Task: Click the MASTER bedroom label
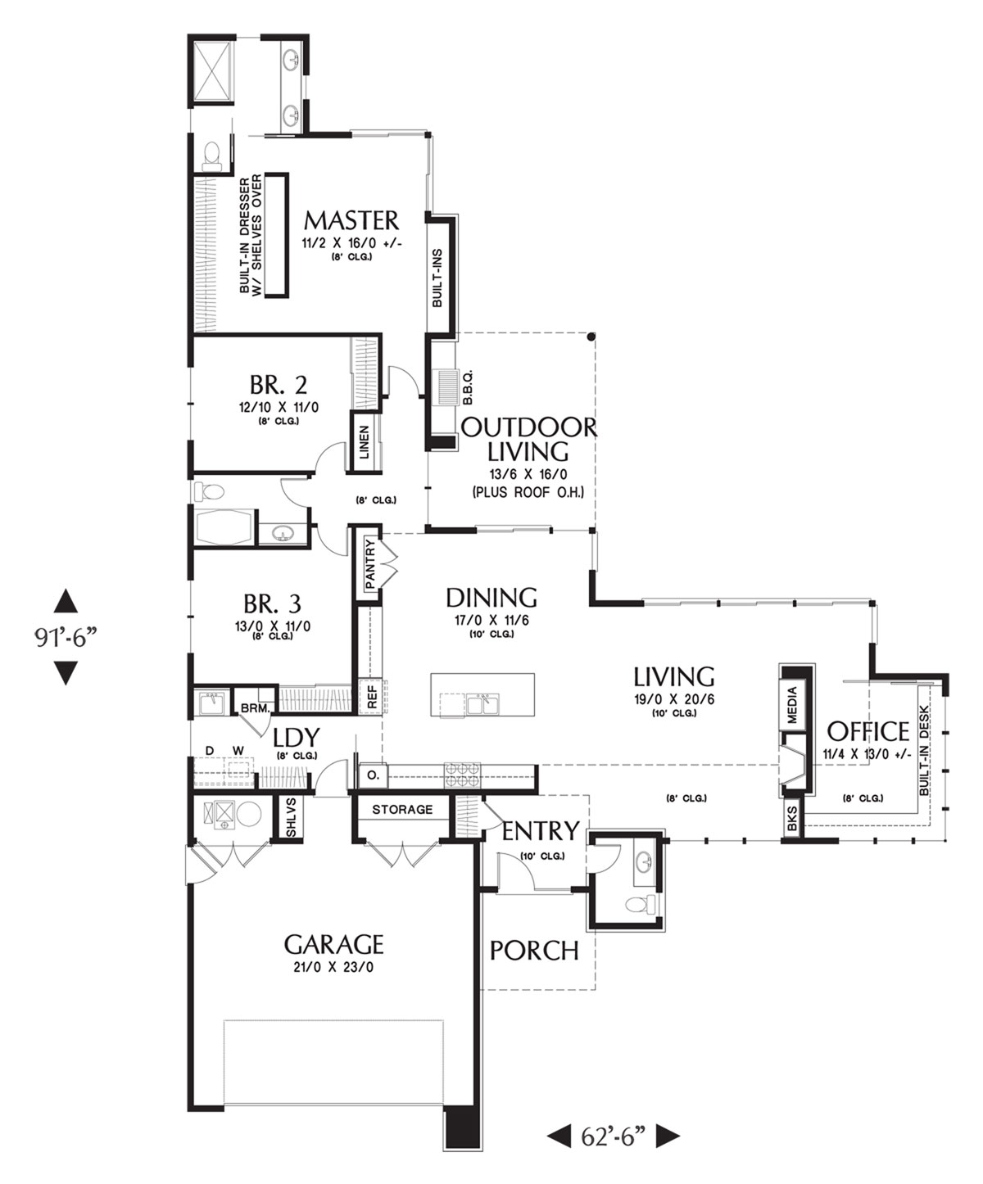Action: click(x=351, y=220)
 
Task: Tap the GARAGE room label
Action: click(x=333, y=945)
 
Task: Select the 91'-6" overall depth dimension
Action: click(x=63, y=638)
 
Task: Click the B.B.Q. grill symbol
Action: click(x=446, y=388)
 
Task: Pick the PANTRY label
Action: click(x=369, y=564)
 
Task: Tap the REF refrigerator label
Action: click(x=372, y=697)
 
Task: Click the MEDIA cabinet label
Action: click(x=792, y=705)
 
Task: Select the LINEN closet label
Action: click(x=365, y=442)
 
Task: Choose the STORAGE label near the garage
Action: click(x=402, y=810)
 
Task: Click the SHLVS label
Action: click(x=291, y=818)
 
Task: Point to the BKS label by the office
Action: click(x=792, y=818)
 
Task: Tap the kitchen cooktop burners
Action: click(x=462, y=775)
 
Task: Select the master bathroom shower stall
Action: click(x=211, y=69)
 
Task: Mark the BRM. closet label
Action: click(x=255, y=708)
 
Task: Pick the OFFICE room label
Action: click(x=867, y=731)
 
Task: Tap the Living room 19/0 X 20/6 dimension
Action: click(x=674, y=699)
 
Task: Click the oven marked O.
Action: click(x=374, y=775)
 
